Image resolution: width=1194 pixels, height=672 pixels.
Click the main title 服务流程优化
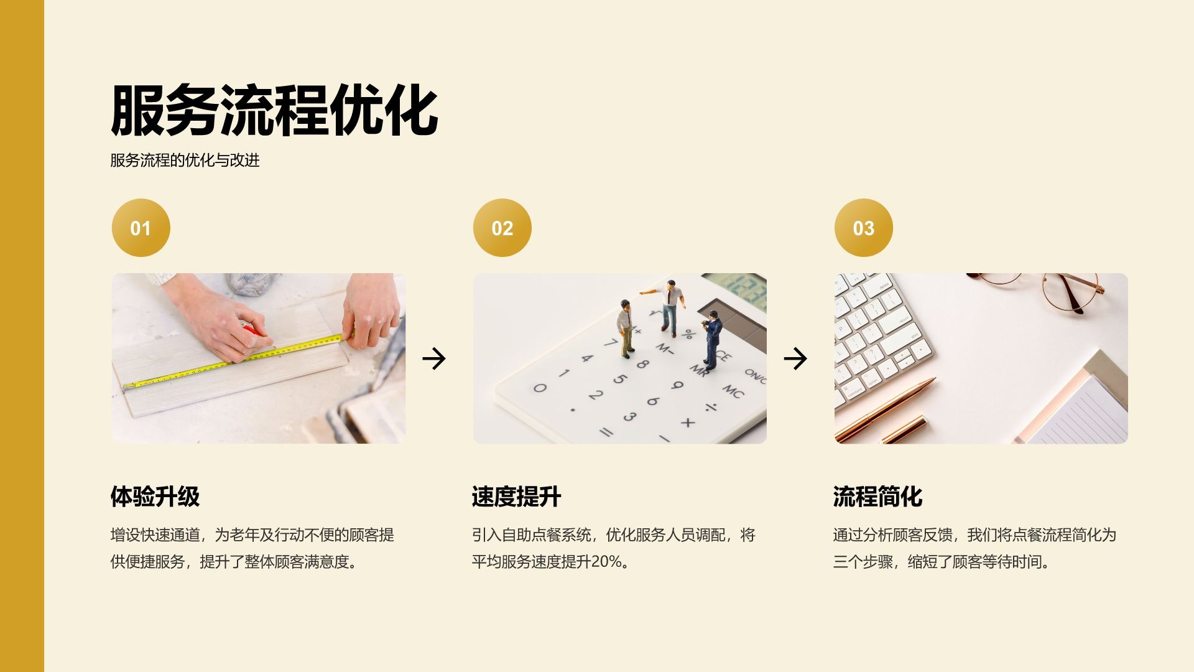click(x=274, y=111)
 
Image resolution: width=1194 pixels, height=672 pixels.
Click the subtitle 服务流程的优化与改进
click(x=185, y=161)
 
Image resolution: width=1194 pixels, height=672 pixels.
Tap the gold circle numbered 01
click(x=141, y=228)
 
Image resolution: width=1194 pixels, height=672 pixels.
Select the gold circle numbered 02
click(x=502, y=228)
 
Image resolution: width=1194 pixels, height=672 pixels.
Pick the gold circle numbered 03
click(x=863, y=228)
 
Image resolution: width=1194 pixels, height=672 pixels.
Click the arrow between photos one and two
click(x=433, y=358)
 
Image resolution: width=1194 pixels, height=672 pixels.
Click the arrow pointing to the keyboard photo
click(x=795, y=358)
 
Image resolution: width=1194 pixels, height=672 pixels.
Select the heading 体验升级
click(x=155, y=497)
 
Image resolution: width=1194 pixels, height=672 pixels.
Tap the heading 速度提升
click(x=516, y=497)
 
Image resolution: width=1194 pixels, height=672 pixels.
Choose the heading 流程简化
click(x=877, y=497)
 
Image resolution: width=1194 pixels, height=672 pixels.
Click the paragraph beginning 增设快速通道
click(x=252, y=548)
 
